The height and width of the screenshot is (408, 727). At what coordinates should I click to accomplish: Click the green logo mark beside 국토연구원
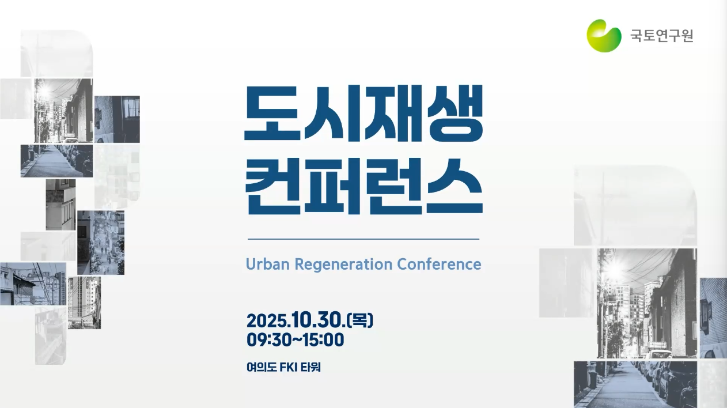604,36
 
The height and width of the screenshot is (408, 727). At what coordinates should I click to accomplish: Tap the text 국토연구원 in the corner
662,36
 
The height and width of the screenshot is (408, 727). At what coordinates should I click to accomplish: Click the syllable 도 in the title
271,113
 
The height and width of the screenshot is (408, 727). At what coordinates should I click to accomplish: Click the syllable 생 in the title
455,114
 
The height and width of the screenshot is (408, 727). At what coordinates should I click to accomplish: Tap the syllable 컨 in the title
272,187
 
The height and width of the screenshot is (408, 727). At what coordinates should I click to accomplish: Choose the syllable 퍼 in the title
332,186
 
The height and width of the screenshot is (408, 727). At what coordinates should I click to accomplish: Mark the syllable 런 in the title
393,187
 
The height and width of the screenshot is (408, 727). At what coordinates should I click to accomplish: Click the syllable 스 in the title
455,186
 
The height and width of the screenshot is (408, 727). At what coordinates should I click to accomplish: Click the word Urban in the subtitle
268,264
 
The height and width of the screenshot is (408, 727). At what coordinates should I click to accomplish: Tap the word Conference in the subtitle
439,264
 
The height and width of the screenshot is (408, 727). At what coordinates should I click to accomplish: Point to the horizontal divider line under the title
363,239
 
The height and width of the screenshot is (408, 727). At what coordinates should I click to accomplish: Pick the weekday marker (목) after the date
360,320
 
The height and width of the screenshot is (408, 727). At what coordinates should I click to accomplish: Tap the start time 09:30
268,340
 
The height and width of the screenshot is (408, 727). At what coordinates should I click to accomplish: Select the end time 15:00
323,340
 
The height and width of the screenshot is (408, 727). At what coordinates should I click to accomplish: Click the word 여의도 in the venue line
262,368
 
